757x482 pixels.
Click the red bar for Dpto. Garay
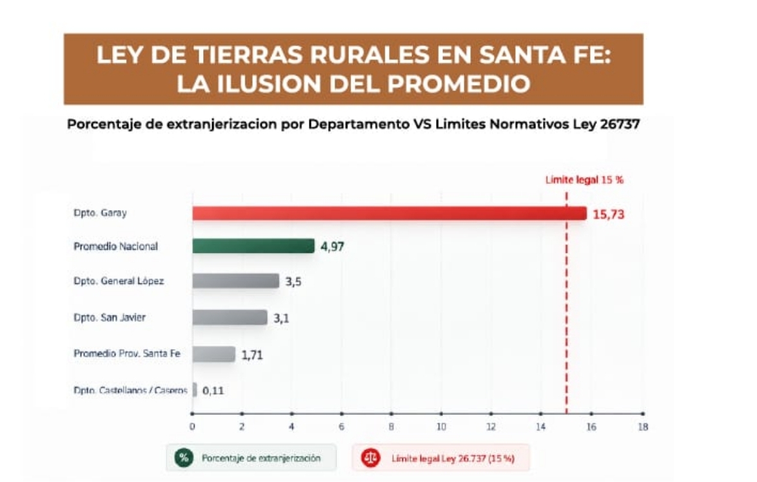pos(389,214)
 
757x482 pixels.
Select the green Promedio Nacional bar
pos(253,246)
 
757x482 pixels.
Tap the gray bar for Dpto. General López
pos(235,281)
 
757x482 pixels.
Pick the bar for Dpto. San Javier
pos(230,317)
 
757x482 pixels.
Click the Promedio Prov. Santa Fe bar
pos(214,354)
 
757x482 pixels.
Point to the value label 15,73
pos(608,214)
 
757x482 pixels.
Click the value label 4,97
pos(332,246)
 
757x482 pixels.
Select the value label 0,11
pos(213,391)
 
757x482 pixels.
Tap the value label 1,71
pos(252,356)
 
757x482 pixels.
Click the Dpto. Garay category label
pos(100,213)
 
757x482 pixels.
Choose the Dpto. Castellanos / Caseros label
pos(130,390)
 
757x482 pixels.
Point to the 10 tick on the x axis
pos(441,427)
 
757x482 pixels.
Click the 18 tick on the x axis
pos(643,427)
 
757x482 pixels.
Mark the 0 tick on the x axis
pos(192,427)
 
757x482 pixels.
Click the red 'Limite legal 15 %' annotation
pos(584,180)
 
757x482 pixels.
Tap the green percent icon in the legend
pos(184,458)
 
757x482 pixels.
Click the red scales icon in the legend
pos(371,458)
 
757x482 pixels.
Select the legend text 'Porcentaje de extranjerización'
pos(261,458)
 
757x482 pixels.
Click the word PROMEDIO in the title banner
pos(458,83)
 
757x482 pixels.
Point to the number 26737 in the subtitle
pos(620,124)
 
